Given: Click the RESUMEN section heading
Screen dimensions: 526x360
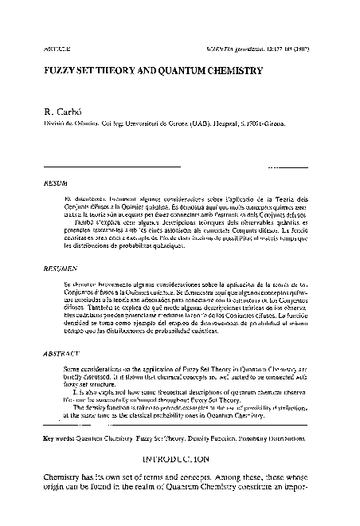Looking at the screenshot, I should [x=57, y=269].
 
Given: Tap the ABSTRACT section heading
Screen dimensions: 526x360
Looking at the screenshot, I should [x=57, y=351].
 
